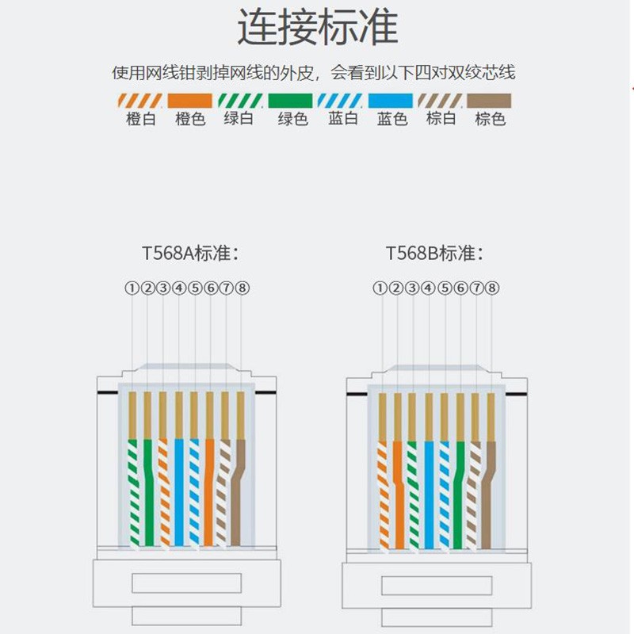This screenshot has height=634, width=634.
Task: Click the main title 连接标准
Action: coord(317,29)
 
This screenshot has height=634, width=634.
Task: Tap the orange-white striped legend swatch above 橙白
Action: coord(139,101)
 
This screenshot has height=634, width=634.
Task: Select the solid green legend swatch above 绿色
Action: coord(292,101)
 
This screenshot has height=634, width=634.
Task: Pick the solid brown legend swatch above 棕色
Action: coord(489,101)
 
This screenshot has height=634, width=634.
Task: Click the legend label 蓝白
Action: coord(342,120)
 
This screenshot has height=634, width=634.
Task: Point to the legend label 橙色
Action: coord(189,120)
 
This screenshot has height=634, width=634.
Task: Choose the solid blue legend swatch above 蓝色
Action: coord(391,101)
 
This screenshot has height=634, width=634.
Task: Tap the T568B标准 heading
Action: coord(434,254)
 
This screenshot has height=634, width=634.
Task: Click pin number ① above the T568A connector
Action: coord(132,288)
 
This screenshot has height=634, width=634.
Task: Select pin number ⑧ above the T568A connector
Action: coord(243,288)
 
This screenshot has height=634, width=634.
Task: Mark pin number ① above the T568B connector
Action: coord(380,288)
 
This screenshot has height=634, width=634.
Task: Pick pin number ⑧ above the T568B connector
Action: coord(491,288)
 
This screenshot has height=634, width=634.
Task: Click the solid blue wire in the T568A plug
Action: coord(179,491)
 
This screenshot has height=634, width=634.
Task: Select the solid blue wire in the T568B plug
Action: coord(429,491)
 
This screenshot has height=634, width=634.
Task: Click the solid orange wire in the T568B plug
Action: coord(399,491)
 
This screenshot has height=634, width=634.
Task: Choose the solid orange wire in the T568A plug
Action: coord(208,491)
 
